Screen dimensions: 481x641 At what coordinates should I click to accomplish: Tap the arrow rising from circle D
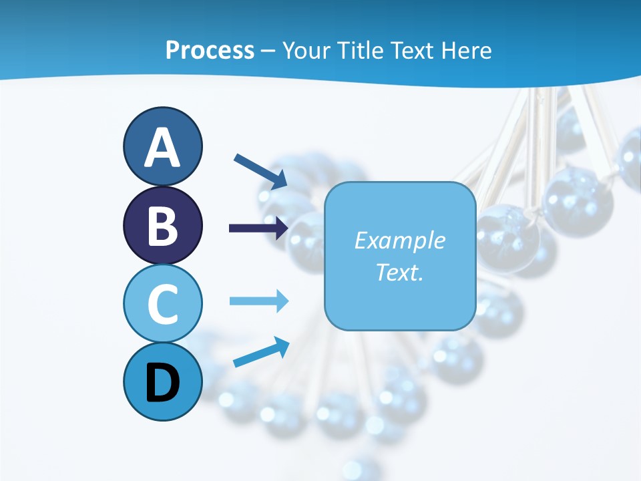261,353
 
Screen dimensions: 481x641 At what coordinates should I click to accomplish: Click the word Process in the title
210,51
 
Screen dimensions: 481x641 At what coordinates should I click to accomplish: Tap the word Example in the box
399,240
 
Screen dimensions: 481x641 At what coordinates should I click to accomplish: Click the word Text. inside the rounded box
399,272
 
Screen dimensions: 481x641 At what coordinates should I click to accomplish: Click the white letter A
163,148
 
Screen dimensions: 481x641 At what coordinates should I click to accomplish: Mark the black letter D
163,383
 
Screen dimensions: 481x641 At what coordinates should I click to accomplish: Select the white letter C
163,305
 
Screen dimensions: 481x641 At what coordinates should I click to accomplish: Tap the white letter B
163,226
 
